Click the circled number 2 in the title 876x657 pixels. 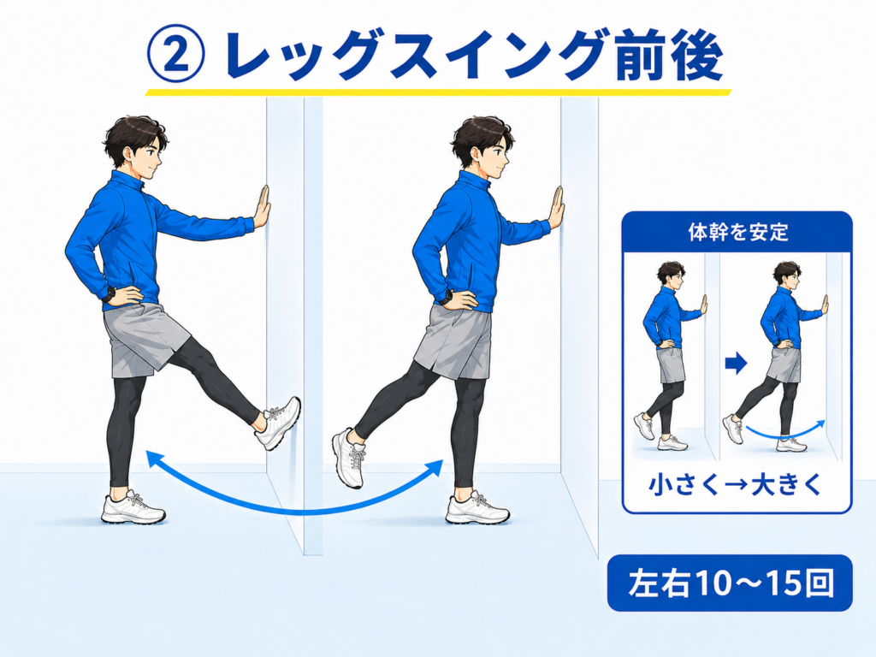[x=176, y=56]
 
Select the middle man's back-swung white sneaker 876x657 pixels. [x=350, y=458]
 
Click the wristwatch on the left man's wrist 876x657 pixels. [x=109, y=294]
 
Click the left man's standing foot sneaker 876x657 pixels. [x=133, y=508]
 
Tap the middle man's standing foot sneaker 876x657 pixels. [x=477, y=508]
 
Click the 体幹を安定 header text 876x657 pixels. [x=737, y=232]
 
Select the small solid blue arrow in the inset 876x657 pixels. [x=736, y=364]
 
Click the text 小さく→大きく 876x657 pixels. [x=736, y=484]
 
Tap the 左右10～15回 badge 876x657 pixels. [x=730, y=583]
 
